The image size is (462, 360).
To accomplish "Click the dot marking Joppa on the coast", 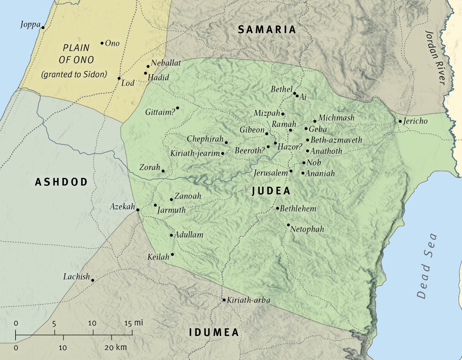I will (x=43, y=28).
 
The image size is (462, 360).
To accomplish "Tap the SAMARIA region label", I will (x=267, y=30).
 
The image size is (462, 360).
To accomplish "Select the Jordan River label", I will (x=436, y=58).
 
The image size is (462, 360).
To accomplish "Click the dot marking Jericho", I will (x=400, y=121).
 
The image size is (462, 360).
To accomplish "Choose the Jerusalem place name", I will (x=271, y=173).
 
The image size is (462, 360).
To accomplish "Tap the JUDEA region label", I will (x=271, y=191).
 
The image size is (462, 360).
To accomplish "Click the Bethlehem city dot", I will (x=278, y=209).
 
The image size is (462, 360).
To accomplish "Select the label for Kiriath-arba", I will (x=248, y=300).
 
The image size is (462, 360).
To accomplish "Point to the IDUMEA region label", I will (x=214, y=332).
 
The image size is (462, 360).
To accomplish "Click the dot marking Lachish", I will (x=93, y=280).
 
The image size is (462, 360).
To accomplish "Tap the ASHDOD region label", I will (x=61, y=182).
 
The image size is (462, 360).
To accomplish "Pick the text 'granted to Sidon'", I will (x=74, y=75).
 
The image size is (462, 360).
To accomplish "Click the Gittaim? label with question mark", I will (x=160, y=112).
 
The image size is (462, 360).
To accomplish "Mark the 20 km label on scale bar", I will (x=115, y=347).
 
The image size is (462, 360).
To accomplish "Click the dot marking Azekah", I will (x=138, y=210).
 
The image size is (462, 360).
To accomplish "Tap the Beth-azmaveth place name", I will (x=336, y=140).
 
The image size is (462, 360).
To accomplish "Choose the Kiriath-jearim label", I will (x=195, y=153).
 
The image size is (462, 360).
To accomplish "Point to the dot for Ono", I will (x=102, y=43).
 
